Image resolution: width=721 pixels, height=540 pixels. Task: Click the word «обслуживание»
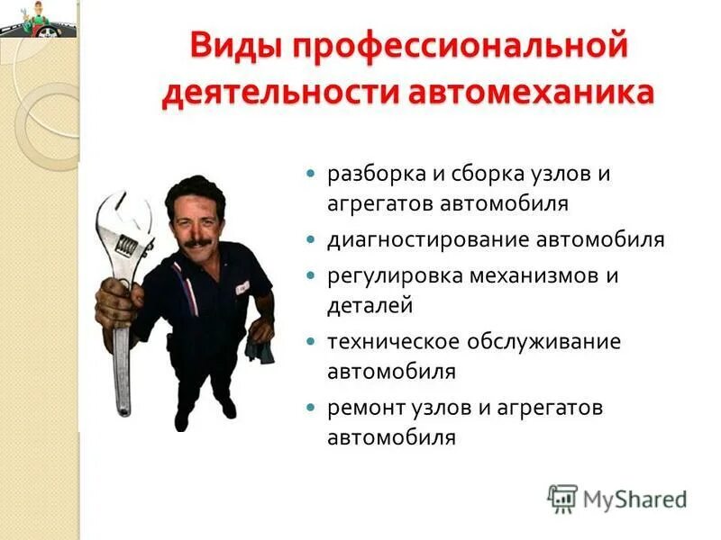pos(544,342)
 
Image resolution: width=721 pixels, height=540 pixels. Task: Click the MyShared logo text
pos(634,499)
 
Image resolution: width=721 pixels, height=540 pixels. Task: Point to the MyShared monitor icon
pos(562,498)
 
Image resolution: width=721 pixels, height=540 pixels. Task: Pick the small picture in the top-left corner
pos(38,18)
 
